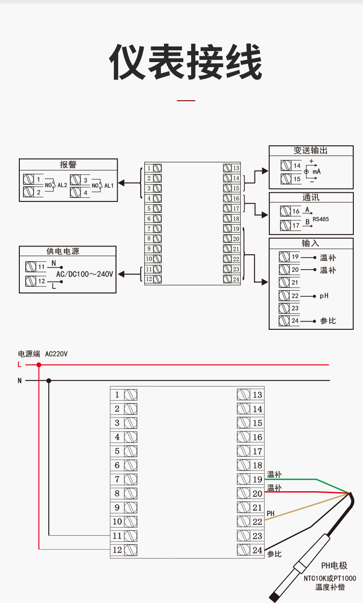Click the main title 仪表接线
(x=185, y=62)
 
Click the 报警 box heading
(x=68, y=165)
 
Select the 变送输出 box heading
(x=311, y=151)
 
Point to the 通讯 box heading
(x=311, y=197)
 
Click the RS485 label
(x=321, y=219)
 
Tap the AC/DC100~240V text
(x=84, y=274)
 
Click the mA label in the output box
(x=317, y=171)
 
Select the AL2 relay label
(x=62, y=185)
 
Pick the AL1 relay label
(x=109, y=185)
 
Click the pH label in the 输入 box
(x=324, y=296)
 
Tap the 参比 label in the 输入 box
(x=328, y=321)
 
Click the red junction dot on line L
(x=39, y=365)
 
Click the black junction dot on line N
(x=49, y=380)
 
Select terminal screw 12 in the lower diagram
(x=130, y=550)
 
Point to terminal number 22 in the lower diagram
(x=257, y=522)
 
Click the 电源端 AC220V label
(x=43, y=354)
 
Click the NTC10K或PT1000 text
(x=329, y=578)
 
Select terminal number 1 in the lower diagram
(x=117, y=395)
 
